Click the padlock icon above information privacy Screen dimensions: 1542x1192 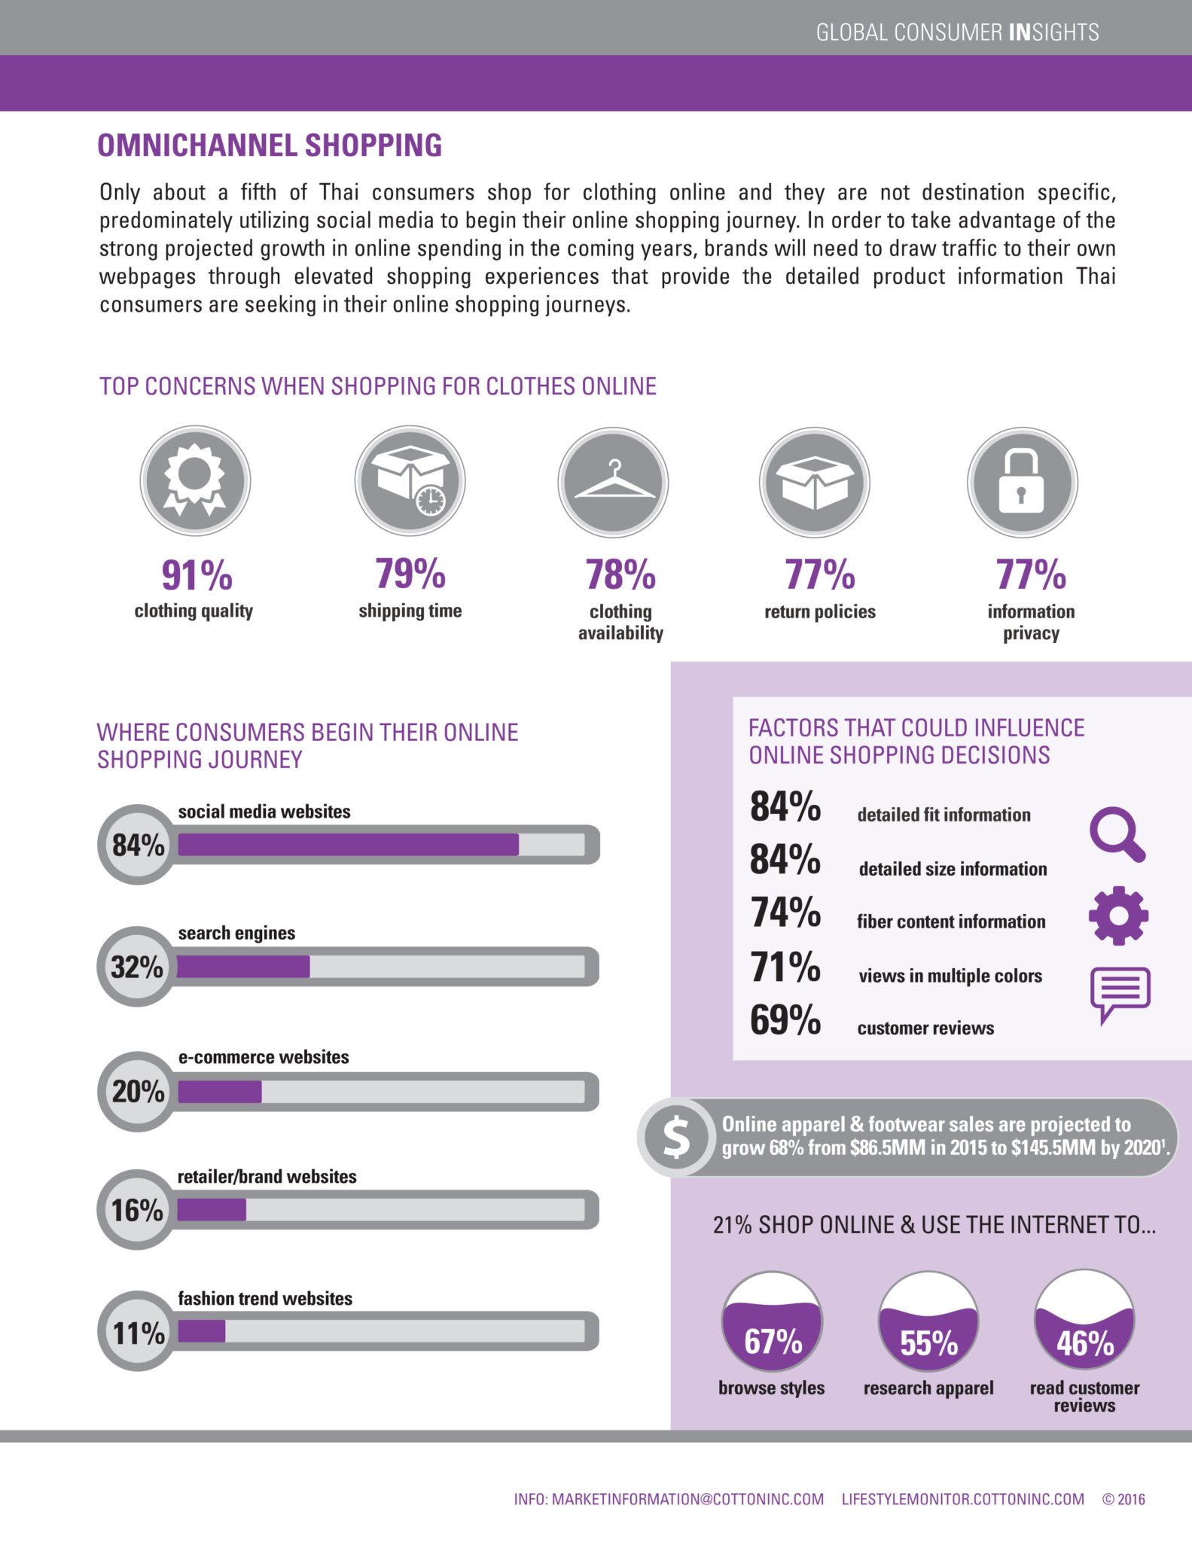(x=1022, y=482)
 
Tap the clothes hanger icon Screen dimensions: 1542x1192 (x=613, y=483)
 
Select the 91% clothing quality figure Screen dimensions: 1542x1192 (x=197, y=575)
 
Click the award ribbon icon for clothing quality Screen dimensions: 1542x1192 (x=195, y=480)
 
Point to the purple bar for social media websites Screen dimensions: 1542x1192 (x=348, y=845)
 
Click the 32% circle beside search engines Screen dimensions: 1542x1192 (x=137, y=967)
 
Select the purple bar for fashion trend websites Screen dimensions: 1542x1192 (x=202, y=1331)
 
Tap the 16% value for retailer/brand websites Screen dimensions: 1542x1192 (x=137, y=1210)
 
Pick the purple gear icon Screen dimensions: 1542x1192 (x=1118, y=916)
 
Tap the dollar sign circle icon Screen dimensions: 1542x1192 (x=676, y=1137)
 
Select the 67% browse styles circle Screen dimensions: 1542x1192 (x=773, y=1322)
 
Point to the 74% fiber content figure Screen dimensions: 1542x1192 (x=785, y=913)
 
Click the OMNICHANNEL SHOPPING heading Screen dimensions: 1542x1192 (x=270, y=145)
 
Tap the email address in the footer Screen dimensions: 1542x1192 (x=669, y=1499)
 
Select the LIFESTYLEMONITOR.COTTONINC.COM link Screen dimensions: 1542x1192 (x=962, y=1499)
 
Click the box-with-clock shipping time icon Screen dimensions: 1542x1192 (x=410, y=480)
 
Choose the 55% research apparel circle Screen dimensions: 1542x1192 (x=928, y=1322)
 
